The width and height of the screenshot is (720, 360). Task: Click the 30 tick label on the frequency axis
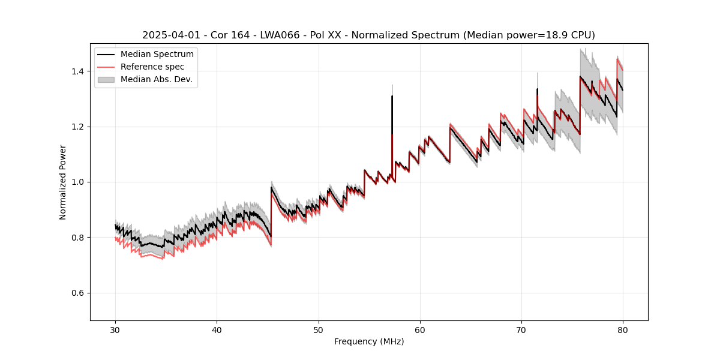pos(116,329)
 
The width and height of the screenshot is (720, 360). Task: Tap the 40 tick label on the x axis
pos(217,329)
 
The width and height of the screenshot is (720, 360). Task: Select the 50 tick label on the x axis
pos(319,329)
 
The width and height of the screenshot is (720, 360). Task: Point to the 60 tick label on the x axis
pos(420,329)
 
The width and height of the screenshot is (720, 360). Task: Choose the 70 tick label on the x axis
pos(521,329)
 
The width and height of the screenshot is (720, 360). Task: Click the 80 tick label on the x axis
pos(623,329)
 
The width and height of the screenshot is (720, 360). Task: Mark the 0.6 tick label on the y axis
pos(78,293)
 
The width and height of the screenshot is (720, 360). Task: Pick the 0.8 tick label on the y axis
pos(78,238)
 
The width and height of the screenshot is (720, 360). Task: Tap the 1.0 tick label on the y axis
pos(78,182)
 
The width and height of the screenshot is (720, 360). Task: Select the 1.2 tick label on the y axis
pos(78,127)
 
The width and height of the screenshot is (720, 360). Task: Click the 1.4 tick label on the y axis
pos(78,71)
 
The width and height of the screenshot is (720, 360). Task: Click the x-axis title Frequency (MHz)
pos(369,341)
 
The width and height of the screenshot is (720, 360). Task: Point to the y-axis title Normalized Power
pos(63,182)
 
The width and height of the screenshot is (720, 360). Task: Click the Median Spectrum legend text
pos(157,55)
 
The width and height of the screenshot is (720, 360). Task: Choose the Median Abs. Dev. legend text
pos(157,79)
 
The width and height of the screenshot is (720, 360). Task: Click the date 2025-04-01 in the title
pos(166,35)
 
